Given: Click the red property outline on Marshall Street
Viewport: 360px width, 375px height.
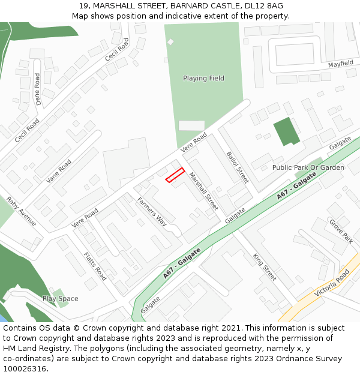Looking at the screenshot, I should click(x=175, y=175).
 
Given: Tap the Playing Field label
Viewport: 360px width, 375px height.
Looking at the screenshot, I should click(x=203, y=78).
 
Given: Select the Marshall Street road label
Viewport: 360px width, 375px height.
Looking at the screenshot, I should click(x=204, y=191).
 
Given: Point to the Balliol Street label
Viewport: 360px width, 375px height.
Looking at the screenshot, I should click(x=237, y=167).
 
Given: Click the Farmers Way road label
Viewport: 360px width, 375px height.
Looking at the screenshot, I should click(x=152, y=211).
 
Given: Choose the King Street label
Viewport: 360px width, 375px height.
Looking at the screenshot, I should click(x=265, y=267).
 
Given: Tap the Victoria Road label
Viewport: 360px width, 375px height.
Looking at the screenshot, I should click(x=331, y=283).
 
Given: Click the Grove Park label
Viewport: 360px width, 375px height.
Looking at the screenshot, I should click(x=340, y=230).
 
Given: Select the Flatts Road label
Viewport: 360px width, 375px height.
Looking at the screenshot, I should click(x=95, y=266).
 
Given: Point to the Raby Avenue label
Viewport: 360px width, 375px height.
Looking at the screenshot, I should click(x=21, y=211).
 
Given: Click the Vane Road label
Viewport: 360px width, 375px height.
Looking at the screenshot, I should click(x=59, y=170).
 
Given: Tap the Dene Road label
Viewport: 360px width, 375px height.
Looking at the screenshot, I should click(x=38, y=89).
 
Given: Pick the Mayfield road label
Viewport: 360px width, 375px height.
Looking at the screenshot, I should click(x=340, y=64).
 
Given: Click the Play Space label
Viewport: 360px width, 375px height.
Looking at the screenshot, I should click(x=60, y=298).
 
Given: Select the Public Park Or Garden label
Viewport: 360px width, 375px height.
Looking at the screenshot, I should click(x=308, y=167).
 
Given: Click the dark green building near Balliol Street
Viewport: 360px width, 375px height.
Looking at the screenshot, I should click(x=286, y=131).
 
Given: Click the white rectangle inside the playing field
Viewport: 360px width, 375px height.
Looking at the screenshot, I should click(x=191, y=125).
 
